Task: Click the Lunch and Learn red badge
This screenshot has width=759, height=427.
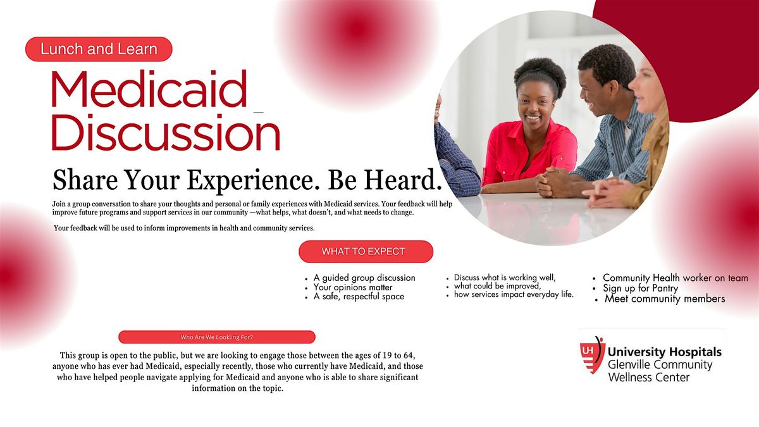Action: (99, 49)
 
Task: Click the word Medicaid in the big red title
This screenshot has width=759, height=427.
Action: (149, 89)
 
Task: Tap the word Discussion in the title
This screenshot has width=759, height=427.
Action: (166, 132)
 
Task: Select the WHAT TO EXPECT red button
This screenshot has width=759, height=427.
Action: (366, 252)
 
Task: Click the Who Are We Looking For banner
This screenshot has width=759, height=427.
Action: (217, 337)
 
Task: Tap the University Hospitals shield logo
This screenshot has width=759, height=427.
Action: (592, 355)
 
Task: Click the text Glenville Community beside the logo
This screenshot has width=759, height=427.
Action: (660, 364)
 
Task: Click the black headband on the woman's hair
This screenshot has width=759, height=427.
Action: (540, 74)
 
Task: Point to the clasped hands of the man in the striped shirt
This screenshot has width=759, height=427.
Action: (557, 182)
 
